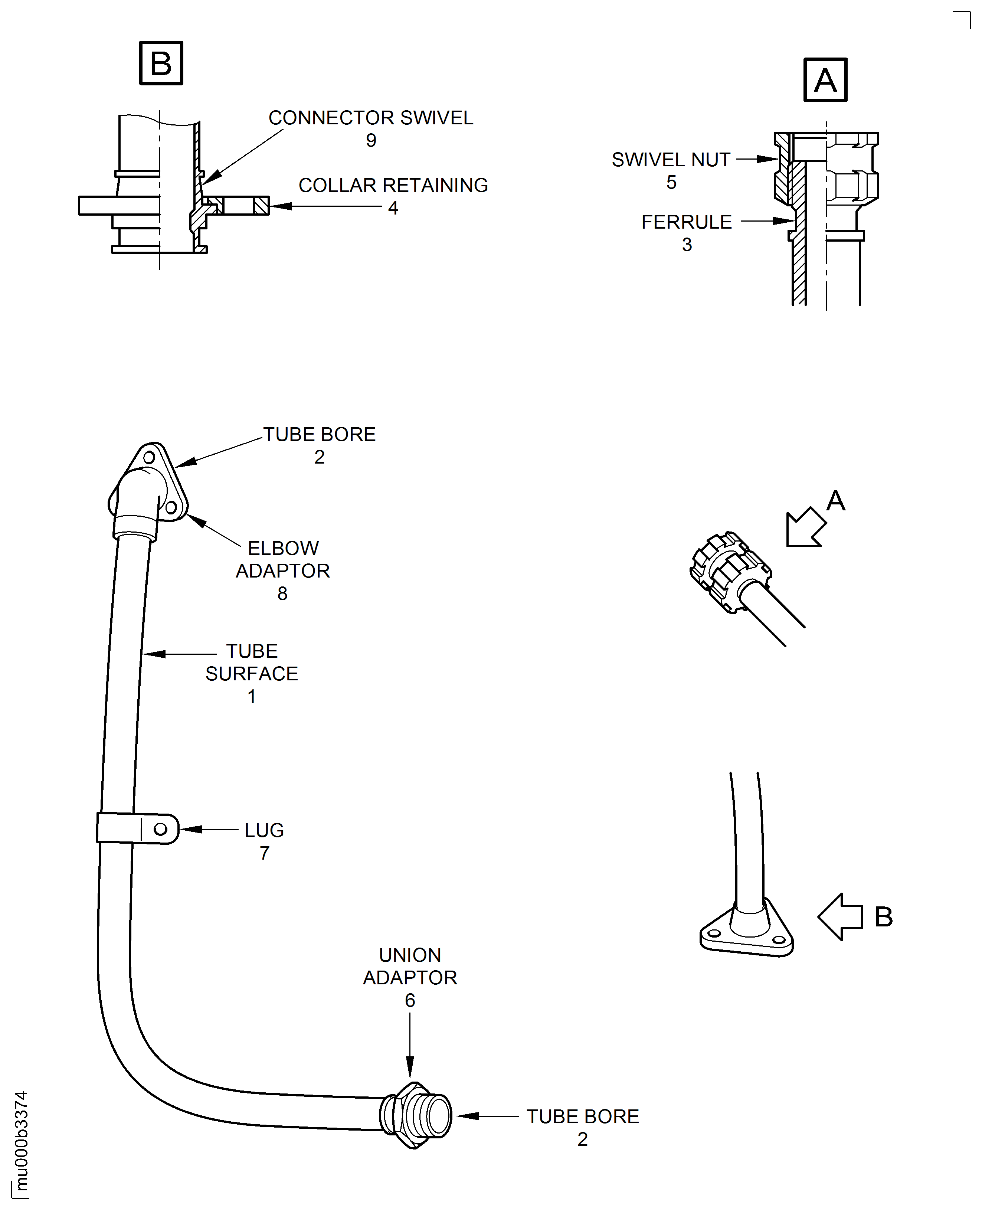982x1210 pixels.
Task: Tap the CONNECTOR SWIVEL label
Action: [370, 118]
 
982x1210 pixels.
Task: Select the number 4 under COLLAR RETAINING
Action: [393, 208]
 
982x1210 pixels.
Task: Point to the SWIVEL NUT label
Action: [671, 160]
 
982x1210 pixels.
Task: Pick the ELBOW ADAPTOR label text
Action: [283, 559]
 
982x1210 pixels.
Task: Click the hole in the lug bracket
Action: [161, 829]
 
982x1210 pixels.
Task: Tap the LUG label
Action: [264, 830]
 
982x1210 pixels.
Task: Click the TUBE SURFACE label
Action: [252, 663]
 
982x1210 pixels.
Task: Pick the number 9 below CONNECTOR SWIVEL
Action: [370, 140]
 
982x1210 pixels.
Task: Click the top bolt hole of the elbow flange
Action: [149, 457]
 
